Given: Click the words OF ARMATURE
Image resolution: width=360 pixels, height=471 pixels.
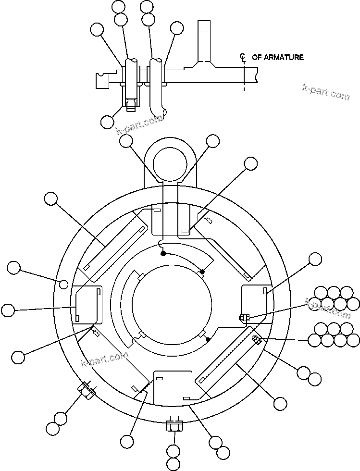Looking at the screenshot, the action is pyautogui.click(x=278, y=57).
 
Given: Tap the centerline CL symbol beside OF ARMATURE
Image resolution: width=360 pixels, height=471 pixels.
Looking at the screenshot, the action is pyautogui.click(x=243, y=58).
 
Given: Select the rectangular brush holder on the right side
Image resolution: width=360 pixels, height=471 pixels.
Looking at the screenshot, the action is pyautogui.click(x=254, y=303).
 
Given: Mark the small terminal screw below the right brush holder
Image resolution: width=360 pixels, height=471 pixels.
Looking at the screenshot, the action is pyautogui.click(x=243, y=317).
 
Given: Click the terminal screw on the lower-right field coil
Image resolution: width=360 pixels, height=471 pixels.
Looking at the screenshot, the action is pyautogui.click(x=257, y=340).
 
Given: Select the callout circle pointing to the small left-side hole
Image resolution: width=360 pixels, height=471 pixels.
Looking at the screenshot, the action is pyautogui.click(x=14, y=268).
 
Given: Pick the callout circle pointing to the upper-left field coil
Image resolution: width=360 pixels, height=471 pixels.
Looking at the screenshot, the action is pyautogui.click(x=50, y=198).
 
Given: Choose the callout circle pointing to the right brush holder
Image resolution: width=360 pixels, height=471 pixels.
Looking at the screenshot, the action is pyautogui.click(x=315, y=259).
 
